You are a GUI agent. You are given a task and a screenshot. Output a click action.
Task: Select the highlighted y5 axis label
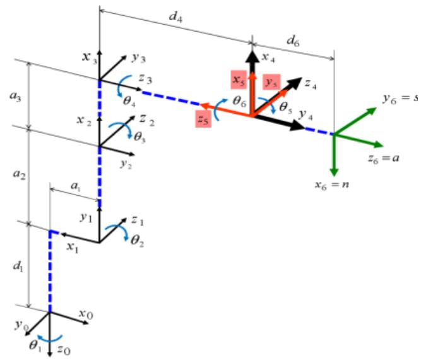tap(272, 83)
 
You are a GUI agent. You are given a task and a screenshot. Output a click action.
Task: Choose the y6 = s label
tap(400, 99)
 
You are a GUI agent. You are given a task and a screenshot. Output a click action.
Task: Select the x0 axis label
tap(87, 312)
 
